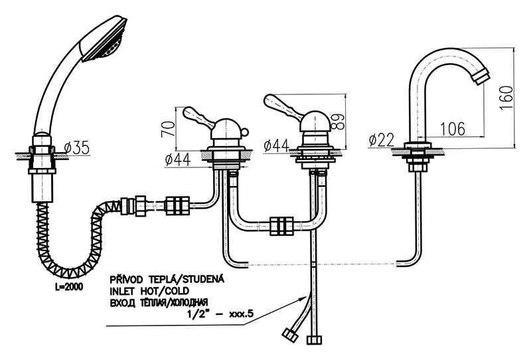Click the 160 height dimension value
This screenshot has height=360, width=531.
(x=506, y=100)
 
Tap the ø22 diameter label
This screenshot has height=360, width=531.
(x=380, y=139)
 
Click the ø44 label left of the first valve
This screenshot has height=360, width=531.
(x=177, y=159)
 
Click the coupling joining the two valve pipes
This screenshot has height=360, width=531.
(x=282, y=226)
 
